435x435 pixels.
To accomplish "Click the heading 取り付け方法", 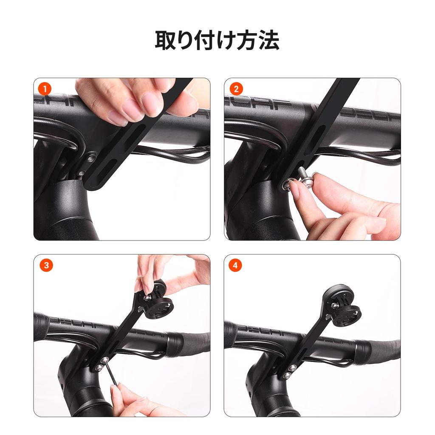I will (x=217, y=40).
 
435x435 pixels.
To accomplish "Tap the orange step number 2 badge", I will (x=236, y=90).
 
